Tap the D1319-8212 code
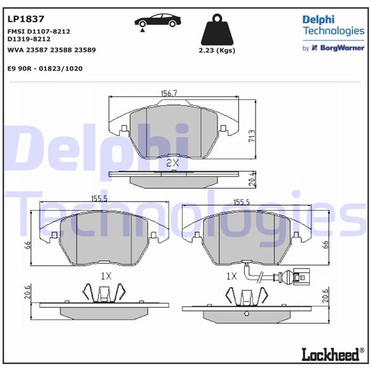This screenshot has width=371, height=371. point(28,38)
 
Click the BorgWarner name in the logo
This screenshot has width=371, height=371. point(341,48)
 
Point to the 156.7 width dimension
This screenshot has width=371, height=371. point(169,93)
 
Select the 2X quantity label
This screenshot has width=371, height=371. point(173,163)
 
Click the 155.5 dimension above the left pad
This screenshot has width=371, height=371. point(100,199)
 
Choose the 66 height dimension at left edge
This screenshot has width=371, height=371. point(27,245)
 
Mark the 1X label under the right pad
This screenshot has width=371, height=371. point(232,275)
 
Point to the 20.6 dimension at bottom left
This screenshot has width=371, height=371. point(27,293)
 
